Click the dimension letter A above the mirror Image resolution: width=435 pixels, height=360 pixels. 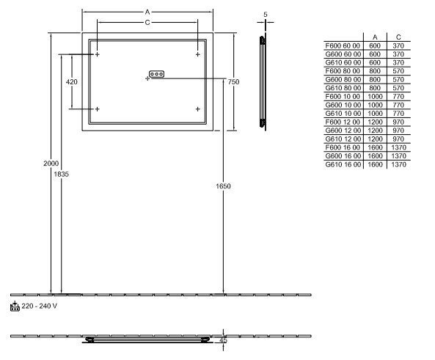(147, 12)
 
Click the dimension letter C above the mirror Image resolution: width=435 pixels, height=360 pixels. (147, 22)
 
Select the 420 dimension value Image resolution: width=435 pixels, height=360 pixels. (72, 82)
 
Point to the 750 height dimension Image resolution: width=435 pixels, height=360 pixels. (233, 82)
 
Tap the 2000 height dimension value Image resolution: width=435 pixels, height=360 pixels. (51, 164)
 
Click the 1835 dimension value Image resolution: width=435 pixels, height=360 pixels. (62, 175)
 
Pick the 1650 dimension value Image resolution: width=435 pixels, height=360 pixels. (223, 186)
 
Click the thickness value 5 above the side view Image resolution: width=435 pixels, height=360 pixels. (266, 15)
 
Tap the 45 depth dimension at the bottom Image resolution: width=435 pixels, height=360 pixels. (223, 340)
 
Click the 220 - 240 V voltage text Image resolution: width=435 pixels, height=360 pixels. (40, 306)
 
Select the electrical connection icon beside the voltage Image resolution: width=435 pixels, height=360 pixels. (15, 306)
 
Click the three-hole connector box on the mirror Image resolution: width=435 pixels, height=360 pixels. (156, 74)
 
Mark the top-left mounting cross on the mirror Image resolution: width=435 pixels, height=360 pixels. (97, 54)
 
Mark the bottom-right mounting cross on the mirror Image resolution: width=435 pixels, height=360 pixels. (198, 109)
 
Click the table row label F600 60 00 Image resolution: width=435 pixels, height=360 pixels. (343, 45)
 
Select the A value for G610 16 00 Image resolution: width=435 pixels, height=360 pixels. (375, 164)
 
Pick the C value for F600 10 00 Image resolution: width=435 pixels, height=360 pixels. (398, 97)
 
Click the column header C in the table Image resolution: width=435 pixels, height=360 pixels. (398, 37)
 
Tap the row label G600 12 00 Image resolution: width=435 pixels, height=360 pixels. (343, 131)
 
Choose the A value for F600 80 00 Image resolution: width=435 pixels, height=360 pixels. (375, 71)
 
